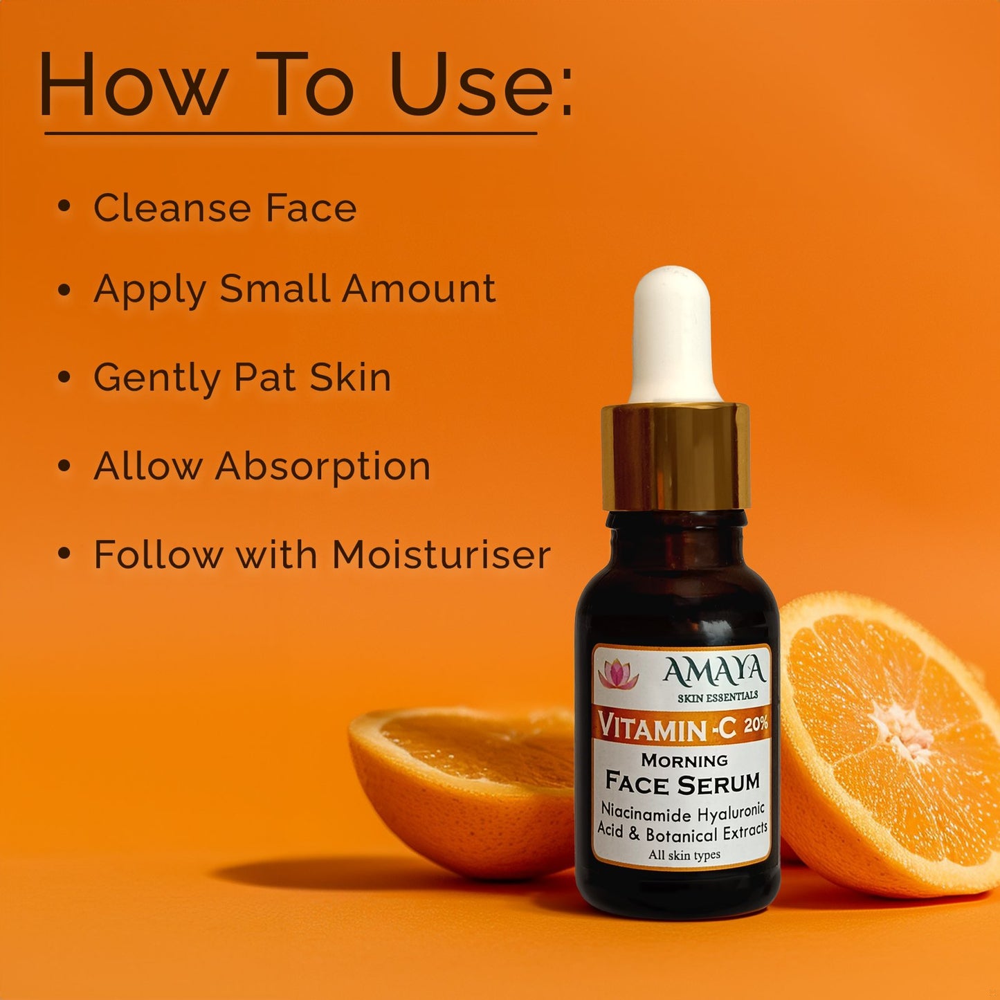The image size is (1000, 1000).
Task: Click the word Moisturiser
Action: (x=441, y=554)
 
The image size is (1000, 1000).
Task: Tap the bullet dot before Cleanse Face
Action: (x=64, y=206)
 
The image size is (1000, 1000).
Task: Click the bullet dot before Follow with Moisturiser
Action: (x=64, y=553)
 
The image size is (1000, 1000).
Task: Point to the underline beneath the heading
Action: (x=291, y=134)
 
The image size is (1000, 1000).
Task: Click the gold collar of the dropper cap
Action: (x=675, y=457)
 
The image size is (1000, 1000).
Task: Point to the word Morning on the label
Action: (x=684, y=761)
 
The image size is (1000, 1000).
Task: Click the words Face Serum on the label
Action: (x=682, y=783)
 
